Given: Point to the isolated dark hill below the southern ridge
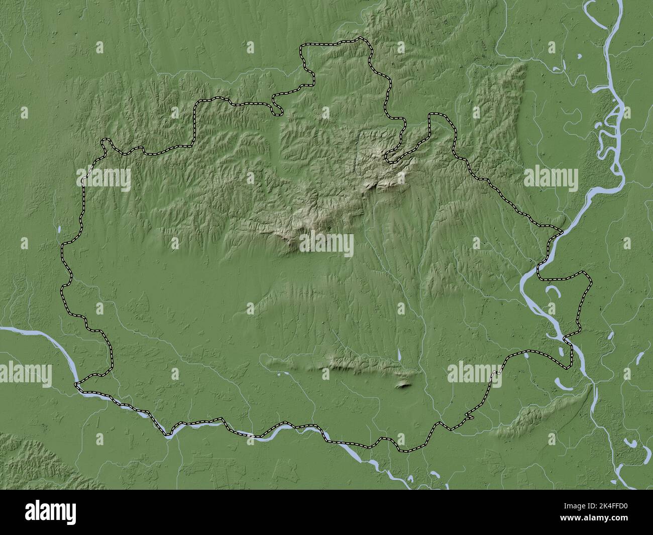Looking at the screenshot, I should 403,385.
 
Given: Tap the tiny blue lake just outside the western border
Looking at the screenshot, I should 59,230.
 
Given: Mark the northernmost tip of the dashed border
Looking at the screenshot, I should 360,38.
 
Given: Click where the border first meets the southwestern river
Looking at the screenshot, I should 76,385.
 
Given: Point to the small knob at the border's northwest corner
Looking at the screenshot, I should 105,144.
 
